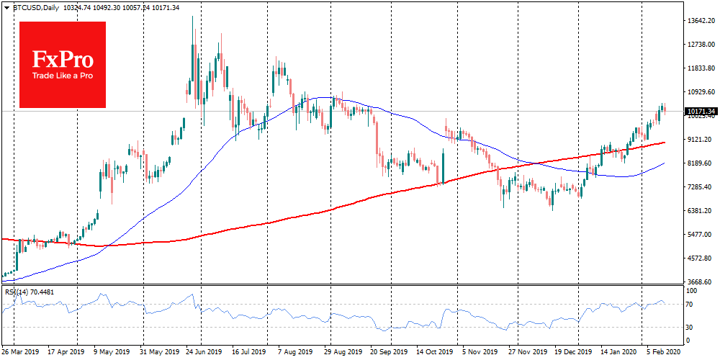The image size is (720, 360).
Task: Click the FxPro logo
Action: pyautogui.click(x=63, y=64)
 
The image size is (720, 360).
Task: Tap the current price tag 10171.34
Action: pyautogui.click(x=701, y=112)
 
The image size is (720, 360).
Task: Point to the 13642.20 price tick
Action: pyautogui.click(x=701, y=21)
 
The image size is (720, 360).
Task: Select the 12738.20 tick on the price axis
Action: pyautogui.click(x=701, y=45)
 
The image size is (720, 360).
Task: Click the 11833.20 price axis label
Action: pyautogui.click(x=701, y=68)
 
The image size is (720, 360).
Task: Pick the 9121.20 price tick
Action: pyautogui.click(x=701, y=140)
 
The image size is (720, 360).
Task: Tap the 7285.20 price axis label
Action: pyautogui.click(x=701, y=187)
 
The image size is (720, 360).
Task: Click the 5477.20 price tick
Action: pyautogui.click(x=701, y=235)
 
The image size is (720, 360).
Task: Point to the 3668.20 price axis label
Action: pyautogui.click(x=701, y=282)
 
